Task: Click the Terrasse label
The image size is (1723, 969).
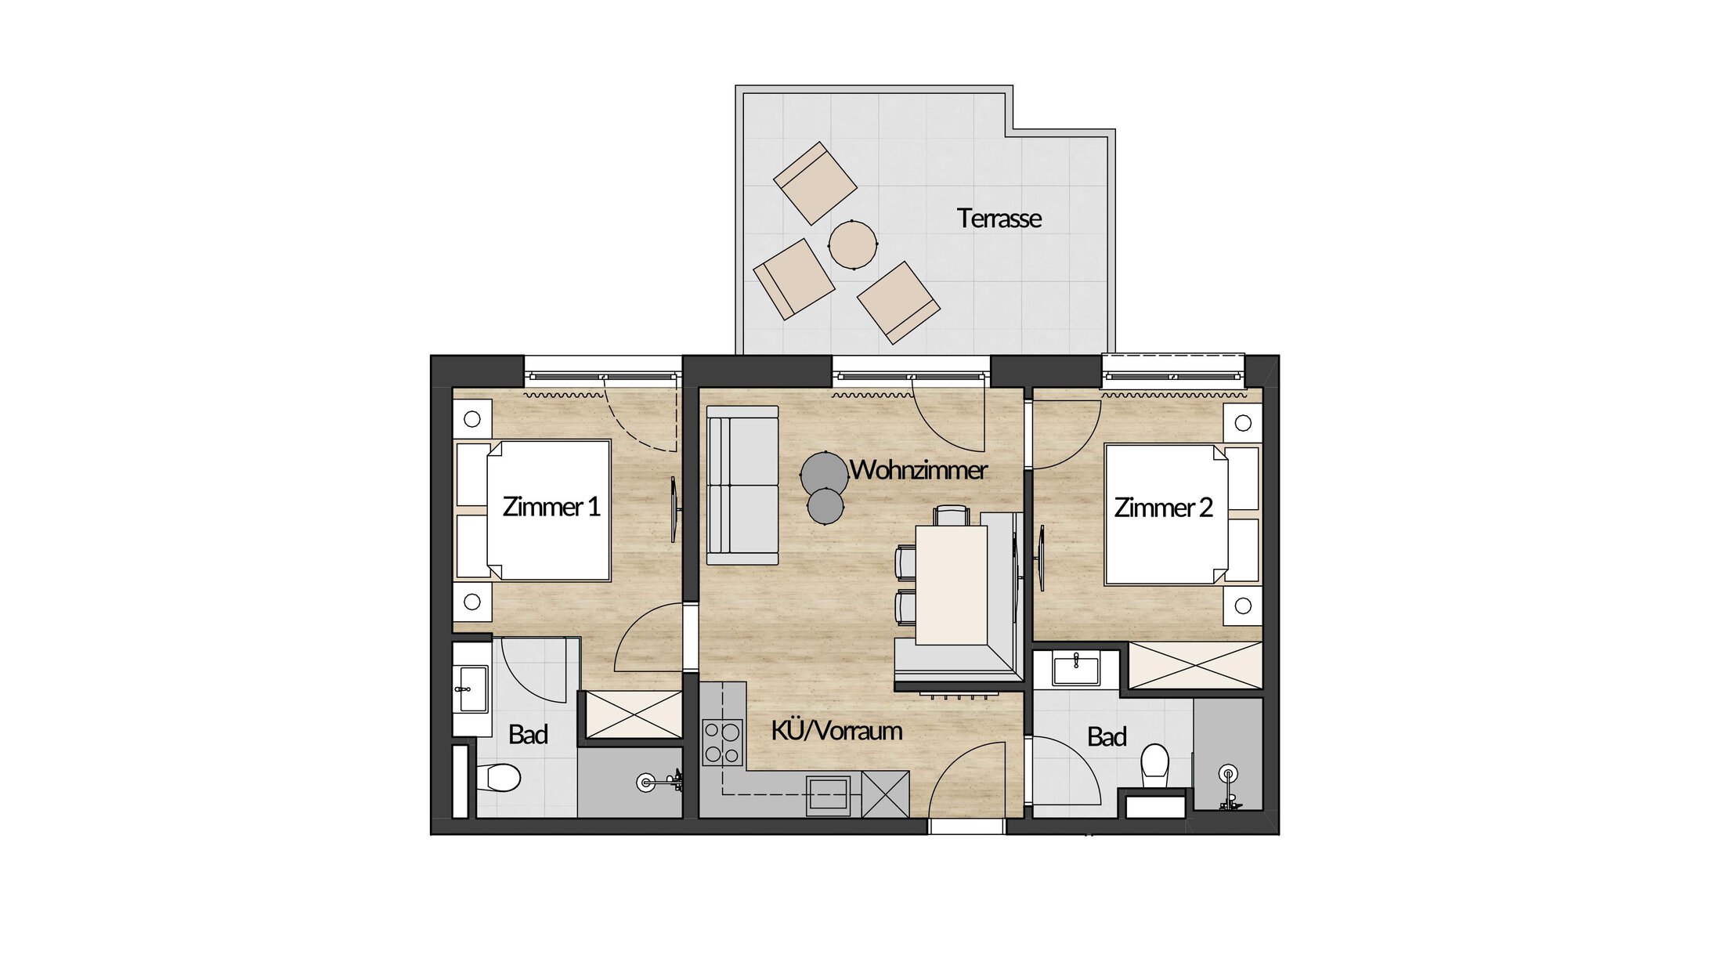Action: coord(999,219)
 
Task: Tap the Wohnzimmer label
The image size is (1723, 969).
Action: coord(918,470)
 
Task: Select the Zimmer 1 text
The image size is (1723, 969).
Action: coord(551,507)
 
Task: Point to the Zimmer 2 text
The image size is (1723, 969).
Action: coord(1163,508)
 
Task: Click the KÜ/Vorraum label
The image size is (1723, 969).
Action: coord(836,731)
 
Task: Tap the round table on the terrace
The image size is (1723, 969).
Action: coord(852,244)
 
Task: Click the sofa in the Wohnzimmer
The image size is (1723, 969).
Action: coord(742,485)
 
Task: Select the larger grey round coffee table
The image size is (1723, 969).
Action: coord(824,472)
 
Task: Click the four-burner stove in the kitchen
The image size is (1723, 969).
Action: coord(722,742)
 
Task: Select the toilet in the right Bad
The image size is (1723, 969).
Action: coord(1155,766)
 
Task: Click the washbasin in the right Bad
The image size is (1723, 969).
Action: coord(1076,670)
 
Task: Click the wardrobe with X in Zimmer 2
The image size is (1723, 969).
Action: coord(1195,666)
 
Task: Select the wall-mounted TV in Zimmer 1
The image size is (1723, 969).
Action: coord(674,509)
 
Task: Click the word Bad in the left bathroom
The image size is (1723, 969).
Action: coord(528,735)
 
